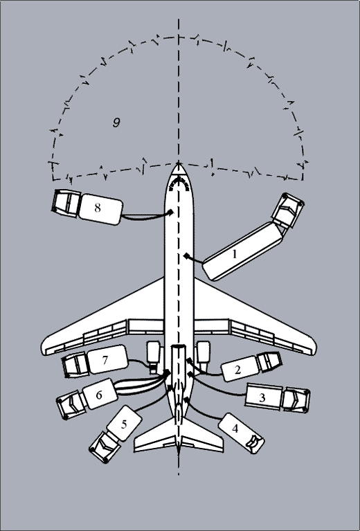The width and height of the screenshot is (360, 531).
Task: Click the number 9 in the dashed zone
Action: (116, 123)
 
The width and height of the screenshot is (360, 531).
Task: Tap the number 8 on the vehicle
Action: (98, 208)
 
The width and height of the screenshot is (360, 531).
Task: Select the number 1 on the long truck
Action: (235, 254)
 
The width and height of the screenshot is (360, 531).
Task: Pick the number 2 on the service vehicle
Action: (237, 370)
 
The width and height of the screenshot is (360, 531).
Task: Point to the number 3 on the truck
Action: (262, 397)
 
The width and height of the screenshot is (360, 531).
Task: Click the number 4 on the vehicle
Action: (235, 429)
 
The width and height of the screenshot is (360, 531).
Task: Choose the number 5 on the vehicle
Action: (124, 424)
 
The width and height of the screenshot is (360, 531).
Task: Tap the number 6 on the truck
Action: (99, 395)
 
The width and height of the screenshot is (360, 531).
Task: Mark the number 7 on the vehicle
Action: (105, 359)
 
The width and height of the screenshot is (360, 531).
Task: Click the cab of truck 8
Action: (66, 202)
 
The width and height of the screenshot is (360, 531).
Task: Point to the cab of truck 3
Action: (296, 400)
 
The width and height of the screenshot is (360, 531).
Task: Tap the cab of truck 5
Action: (105, 447)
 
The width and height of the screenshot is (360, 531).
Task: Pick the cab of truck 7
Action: (75, 365)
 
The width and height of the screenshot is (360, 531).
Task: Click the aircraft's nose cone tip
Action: (179, 163)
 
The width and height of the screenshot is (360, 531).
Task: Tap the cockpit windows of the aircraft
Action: (179, 183)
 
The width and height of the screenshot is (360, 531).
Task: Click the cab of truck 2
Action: (269, 361)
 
